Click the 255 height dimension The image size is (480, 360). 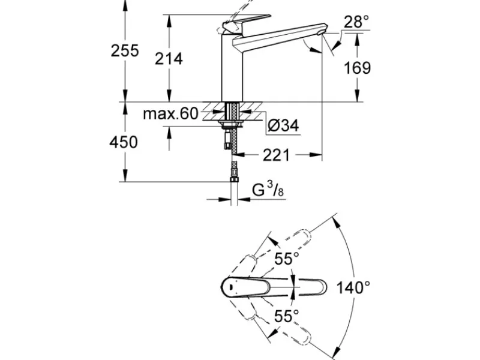point(125,50)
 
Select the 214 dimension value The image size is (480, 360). point(169,59)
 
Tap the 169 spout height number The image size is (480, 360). point(357,68)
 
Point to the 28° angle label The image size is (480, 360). point(356,22)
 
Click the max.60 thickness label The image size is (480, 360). point(171,113)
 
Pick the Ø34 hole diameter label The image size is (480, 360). point(283,125)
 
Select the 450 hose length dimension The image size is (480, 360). point(124,142)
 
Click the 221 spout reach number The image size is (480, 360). point(276,155)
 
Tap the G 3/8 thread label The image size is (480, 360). point(268,190)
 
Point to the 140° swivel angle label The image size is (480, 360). point(353,288)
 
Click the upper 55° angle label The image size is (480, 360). point(287,259)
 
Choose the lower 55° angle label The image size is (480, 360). point(287,316)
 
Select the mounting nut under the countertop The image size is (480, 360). point(232,124)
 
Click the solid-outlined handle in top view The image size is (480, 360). point(245,287)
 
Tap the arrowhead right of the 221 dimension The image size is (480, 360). point(316,155)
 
